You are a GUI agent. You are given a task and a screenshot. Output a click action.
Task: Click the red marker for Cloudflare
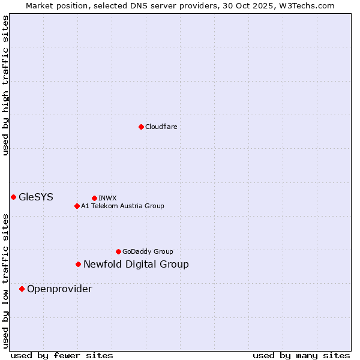coord(141,127)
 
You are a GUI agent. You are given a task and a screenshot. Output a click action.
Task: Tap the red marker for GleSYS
coord(13,197)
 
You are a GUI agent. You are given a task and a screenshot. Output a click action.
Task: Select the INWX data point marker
coord(94,198)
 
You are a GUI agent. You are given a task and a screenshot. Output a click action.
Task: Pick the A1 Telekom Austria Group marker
coord(77,206)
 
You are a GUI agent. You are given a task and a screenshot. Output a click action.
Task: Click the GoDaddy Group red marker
coord(118,251)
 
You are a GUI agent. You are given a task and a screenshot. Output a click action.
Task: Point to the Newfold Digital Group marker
coord(78,264)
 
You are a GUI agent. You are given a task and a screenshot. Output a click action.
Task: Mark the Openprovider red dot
coord(22,289)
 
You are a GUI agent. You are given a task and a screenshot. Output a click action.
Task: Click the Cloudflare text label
coord(161,127)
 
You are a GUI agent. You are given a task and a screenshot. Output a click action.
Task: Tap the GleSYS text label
coord(36,197)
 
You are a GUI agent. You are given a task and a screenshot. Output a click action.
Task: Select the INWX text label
coord(107,198)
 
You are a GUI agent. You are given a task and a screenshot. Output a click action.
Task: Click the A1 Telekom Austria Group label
coord(122,206)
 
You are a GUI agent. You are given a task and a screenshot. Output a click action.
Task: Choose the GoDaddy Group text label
coord(148,251)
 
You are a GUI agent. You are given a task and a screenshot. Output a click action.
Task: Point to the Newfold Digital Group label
coord(136,264)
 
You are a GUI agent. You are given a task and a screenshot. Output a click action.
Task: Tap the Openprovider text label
coord(59,289)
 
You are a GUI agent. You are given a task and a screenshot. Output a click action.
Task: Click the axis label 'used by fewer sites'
coord(62,355)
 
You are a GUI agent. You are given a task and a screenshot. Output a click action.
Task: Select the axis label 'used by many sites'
coord(301,355)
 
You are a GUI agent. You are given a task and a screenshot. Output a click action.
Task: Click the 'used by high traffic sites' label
coord(5,85)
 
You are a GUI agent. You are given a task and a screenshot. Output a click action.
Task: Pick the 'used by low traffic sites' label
coord(5,280)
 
